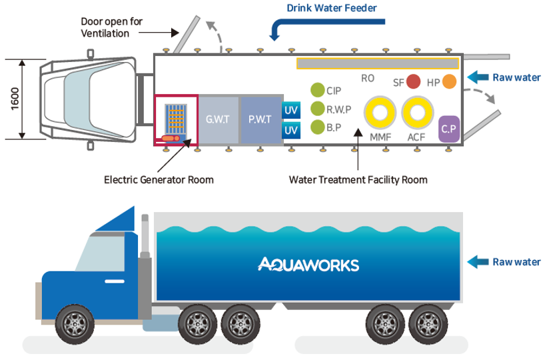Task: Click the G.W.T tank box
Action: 219,120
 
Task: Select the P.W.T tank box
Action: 261,120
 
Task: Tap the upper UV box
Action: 291,110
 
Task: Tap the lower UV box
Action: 291,131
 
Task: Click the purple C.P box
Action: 449,129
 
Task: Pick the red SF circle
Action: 414,82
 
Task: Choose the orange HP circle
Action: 450,82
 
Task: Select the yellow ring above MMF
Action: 380,113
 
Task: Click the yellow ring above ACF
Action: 417,113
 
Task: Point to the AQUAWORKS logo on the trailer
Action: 308,265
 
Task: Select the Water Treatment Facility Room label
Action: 358,179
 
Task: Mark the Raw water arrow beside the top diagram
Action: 478,77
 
